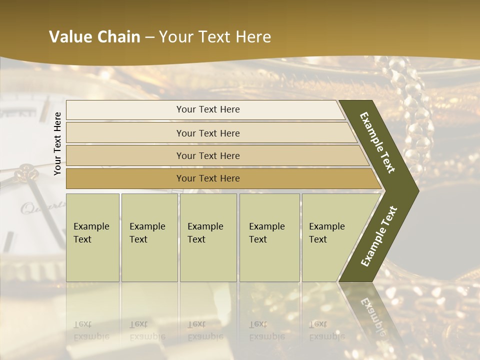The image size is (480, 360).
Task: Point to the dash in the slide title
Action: [x=149, y=37]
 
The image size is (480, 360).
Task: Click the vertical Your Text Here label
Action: [x=57, y=143]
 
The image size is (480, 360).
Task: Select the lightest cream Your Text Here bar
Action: [x=207, y=110]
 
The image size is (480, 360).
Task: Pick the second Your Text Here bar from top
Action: [x=207, y=133]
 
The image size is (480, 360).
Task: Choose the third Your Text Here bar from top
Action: [x=207, y=156]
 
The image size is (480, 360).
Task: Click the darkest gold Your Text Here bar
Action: [x=207, y=178]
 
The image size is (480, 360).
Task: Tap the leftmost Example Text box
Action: [x=92, y=237]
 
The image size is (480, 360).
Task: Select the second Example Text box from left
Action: [x=149, y=237]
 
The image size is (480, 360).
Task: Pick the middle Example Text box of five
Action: [x=208, y=237]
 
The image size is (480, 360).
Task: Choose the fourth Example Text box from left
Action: [x=269, y=237]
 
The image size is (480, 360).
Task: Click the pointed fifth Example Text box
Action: [x=332, y=237]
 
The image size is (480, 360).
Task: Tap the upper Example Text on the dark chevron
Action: [x=377, y=142]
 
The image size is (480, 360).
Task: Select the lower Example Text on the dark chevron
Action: [x=379, y=236]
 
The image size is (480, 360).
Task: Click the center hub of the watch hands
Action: [x=25, y=174]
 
